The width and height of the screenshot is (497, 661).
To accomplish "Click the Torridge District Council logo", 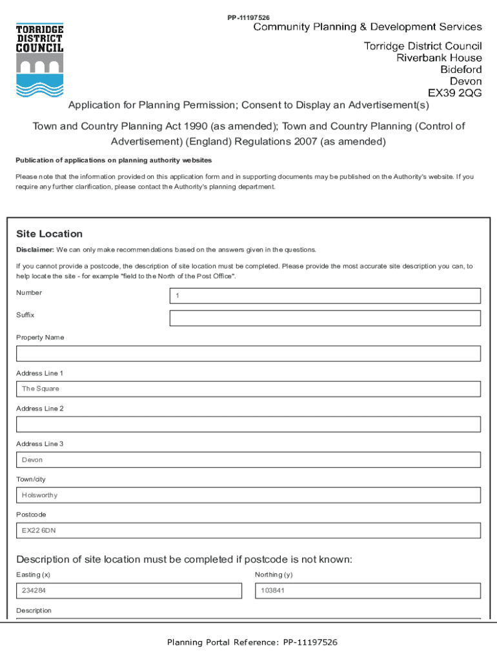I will tap(39, 60).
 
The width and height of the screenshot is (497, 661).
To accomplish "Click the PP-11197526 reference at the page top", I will tap(249, 17).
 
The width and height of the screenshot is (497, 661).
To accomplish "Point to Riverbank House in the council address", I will tap(439, 58).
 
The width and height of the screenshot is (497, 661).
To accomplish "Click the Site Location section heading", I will tap(49, 234).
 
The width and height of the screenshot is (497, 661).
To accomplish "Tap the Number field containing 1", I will tap(325, 296).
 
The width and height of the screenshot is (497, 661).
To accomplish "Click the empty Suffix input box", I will tap(325, 318).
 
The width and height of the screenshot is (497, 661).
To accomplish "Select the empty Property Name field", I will tap(249, 354).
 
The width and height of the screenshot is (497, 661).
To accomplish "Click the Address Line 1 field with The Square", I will tap(249, 389).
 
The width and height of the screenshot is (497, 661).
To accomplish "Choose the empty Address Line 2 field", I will tap(249, 424).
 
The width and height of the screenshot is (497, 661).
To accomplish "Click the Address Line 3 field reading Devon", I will tap(249, 460).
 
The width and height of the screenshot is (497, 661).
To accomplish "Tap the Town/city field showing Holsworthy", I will tap(249, 495).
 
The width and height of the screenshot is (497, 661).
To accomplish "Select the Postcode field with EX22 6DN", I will tap(249, 531).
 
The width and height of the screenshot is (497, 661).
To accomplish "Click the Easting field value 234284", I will tap(129, 591).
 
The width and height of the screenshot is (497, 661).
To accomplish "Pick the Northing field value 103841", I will tap(368, 591).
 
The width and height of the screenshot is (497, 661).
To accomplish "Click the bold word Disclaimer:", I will tap(35, 250).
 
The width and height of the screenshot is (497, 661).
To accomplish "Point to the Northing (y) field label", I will tap(274, 575).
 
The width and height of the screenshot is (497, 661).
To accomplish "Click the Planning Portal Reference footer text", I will tap(252, 642).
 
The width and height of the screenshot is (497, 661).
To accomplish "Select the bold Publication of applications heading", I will tap(114, 160).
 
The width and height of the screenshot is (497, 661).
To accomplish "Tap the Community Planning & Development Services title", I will tap(367, 27).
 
